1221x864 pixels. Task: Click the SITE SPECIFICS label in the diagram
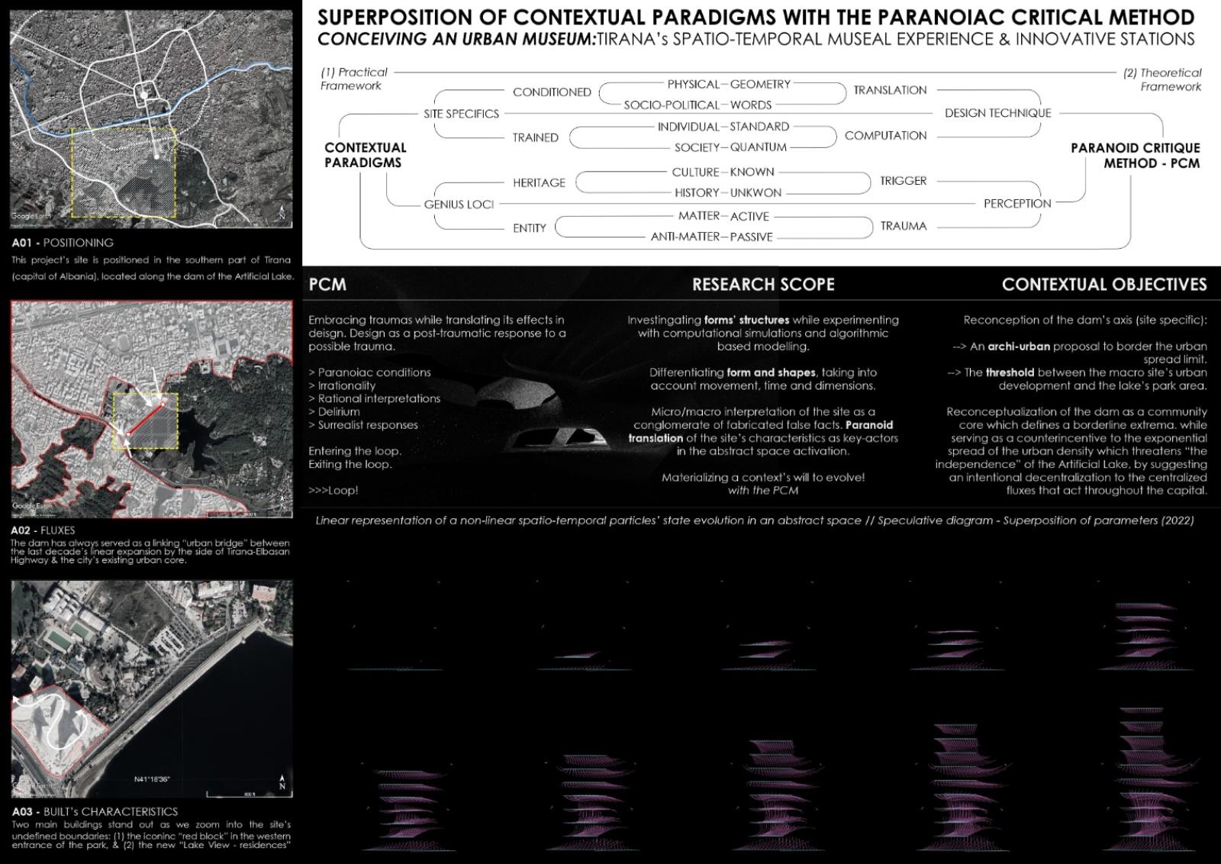coord(461,114)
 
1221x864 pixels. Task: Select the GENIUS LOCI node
coord(459,205)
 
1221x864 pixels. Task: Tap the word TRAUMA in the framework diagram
coord(903,226)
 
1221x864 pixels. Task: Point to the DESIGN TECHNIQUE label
coord(997,113)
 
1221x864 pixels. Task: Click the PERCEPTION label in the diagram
coord(1016,204)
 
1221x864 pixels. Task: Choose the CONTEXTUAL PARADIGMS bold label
coord(365,155)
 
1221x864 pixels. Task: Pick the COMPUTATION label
coord(885,136)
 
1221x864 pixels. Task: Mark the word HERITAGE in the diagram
coord(539,183)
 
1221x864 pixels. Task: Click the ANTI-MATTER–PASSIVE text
coord(711,237)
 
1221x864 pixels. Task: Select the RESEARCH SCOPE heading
coord(762,285)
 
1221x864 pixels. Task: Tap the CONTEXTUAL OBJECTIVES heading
coord(1103,285)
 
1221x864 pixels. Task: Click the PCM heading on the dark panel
coord(327,285)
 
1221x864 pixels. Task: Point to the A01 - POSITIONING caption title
coord(63,243)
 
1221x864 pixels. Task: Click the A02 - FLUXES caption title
coord(43,530)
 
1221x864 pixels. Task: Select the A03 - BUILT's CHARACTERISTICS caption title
coord(95,812)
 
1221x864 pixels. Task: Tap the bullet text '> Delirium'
coord(334,412)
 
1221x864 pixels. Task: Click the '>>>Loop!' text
coord(333,491)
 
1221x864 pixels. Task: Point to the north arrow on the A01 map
coord(282,213)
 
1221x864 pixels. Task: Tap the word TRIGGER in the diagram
coord(903,181)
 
